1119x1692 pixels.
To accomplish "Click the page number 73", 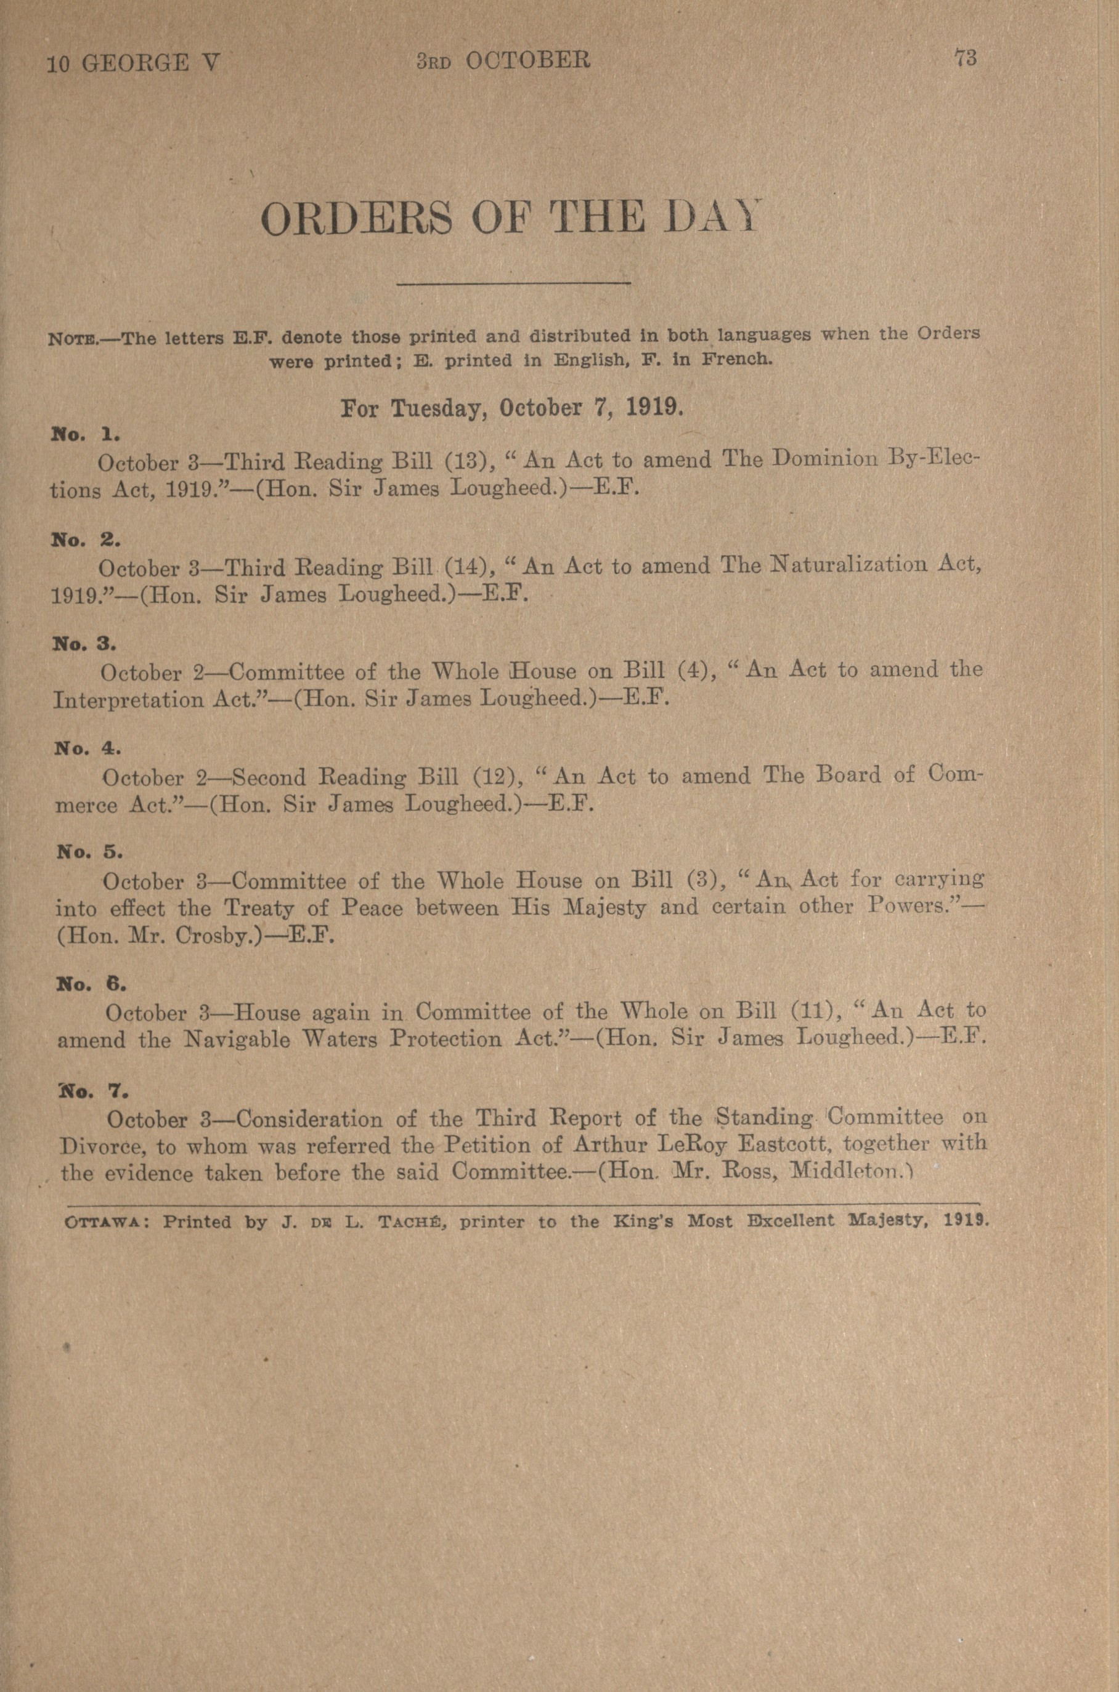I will point(966,59).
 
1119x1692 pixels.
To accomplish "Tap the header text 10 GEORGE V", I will point(134,64).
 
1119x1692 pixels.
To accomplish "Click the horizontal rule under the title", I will point(513,285).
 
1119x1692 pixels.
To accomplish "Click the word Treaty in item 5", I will point(259,908).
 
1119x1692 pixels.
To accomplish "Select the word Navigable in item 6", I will point(237,1040).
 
